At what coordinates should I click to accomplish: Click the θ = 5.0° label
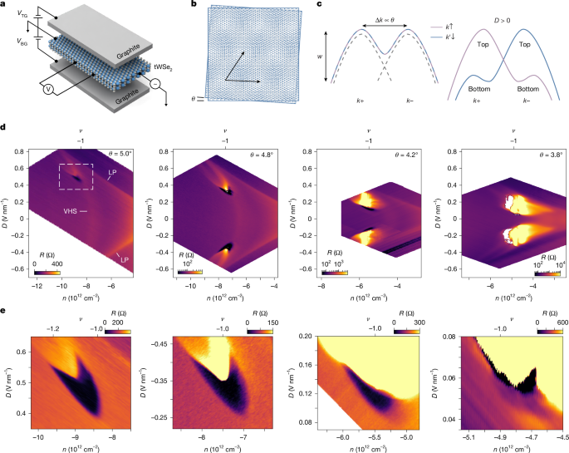point(123,154)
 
